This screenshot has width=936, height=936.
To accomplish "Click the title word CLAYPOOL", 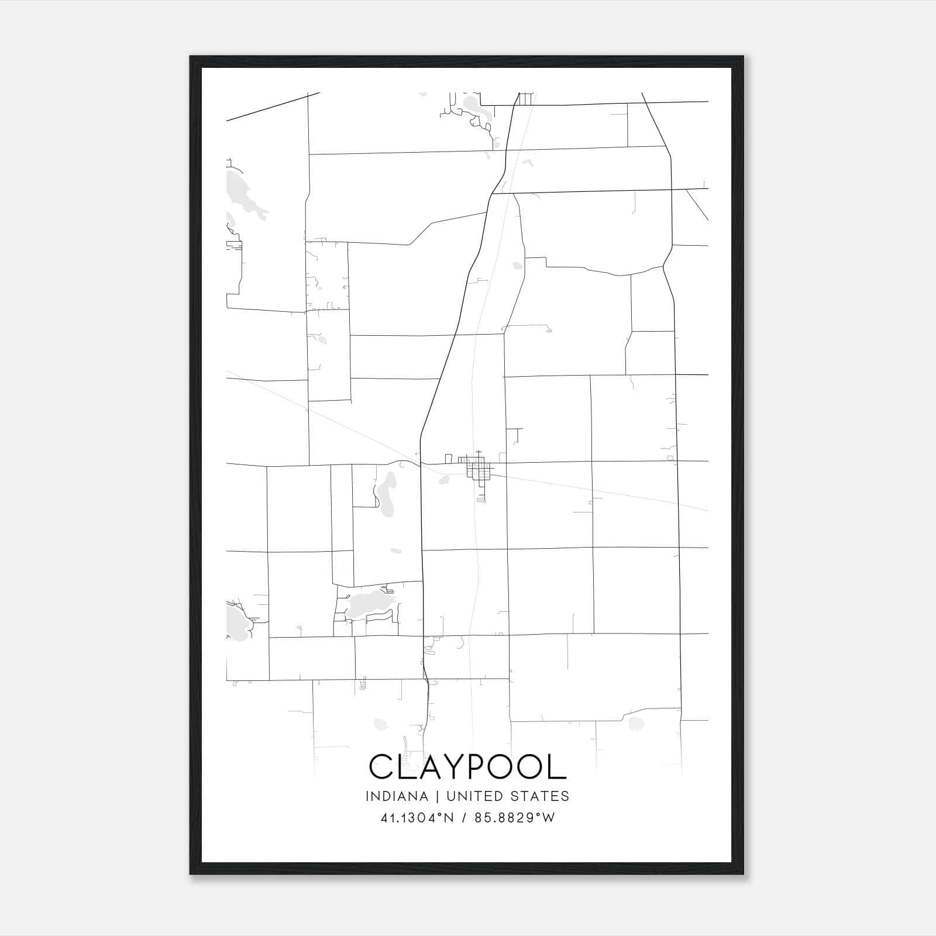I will (467, 766).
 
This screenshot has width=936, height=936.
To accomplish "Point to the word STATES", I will (541, 796).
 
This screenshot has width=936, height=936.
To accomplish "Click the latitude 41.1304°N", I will (417, 818).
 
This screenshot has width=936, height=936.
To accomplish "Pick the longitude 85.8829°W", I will (514, 818).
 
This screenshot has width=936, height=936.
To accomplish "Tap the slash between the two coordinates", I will (463, 818).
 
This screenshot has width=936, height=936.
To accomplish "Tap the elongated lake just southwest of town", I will (386, 494).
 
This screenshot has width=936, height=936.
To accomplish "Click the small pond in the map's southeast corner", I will (635, 724).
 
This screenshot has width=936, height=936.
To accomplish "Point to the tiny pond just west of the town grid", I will (444, 480).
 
